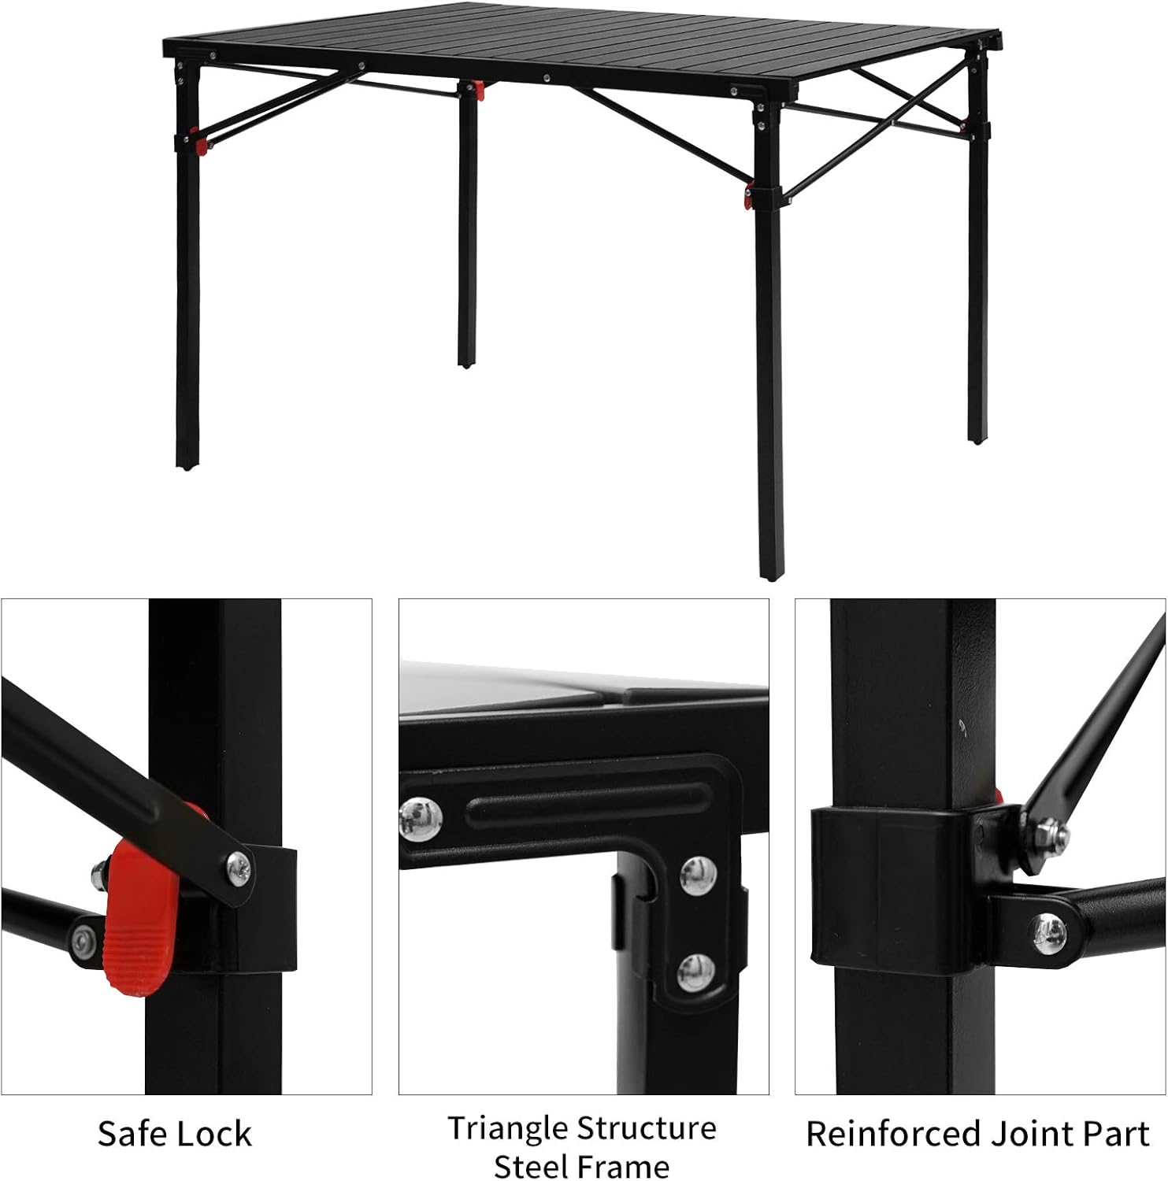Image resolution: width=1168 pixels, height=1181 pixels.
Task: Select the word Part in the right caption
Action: pos(1117,1135)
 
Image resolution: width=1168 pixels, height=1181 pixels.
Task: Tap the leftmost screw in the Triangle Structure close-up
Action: pos(421,818)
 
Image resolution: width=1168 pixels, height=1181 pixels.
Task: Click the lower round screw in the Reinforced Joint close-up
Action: pos(1051,932)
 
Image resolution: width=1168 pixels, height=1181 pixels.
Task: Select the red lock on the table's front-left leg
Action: pos(202,146)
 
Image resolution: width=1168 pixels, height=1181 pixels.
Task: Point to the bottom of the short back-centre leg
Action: pos(468,363)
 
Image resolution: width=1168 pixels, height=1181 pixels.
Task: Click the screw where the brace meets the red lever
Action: pos(239,868)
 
